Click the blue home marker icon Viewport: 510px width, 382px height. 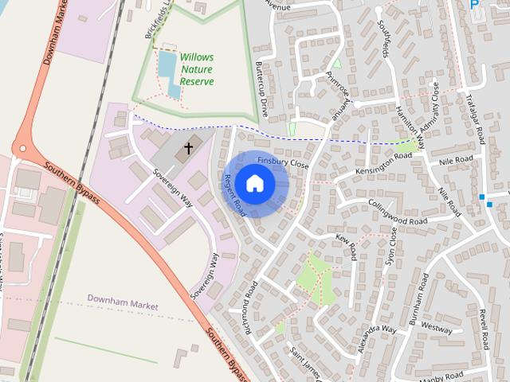coord(254,183)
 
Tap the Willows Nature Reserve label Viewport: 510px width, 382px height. coord(196,69)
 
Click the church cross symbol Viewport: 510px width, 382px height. coord(189,147)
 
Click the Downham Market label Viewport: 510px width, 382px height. coord(123,306)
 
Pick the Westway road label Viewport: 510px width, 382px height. coord(437,326)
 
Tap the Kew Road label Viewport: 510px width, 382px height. coord(347,248)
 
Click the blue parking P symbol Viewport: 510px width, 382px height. coord(476,5)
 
